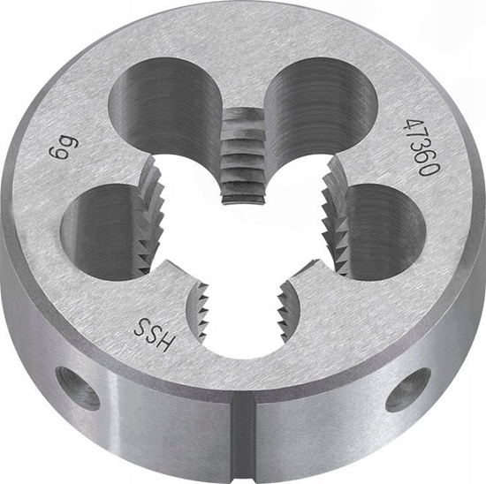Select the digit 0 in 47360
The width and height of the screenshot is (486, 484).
click(x=426, y=167)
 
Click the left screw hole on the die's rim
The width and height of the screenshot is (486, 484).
click(x=78, y=387)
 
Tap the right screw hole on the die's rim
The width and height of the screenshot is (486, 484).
click(x=407, y=389)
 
